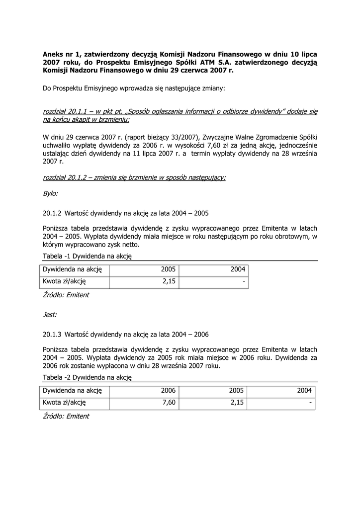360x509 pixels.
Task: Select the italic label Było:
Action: (x=51, y=193)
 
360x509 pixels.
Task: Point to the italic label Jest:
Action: (x=50, y=315)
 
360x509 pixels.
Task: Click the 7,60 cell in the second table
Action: (x=169, y=403)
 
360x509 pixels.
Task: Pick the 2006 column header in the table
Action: (x=169, y=390)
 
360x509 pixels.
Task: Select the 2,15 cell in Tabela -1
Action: (x=169, y=281)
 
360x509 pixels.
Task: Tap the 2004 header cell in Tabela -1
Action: (x=238, y=269)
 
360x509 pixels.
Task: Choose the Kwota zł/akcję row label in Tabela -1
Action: (x=65, y=281)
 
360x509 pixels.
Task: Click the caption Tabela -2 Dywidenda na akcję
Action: (x=87, y=377)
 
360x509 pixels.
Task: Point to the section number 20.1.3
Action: (x=52, y=335)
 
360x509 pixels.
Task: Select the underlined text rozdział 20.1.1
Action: (x=65, y=111)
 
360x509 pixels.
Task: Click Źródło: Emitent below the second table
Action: (x=66, y=416)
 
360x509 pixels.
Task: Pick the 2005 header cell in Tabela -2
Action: (x=237, y=390)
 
